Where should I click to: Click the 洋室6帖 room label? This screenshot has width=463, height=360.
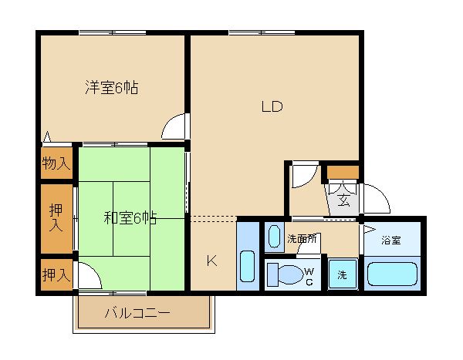point(111,88)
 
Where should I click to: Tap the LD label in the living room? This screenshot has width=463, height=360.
point(271,107)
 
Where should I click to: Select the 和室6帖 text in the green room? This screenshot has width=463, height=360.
point(130,218)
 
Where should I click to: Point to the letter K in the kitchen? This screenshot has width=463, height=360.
point(211,261)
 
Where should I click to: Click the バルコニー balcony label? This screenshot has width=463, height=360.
point(137,313)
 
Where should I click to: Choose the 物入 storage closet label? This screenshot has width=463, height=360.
point(56,163)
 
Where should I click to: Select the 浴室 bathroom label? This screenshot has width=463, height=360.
point(391,240)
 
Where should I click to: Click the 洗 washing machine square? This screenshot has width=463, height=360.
point(340,274)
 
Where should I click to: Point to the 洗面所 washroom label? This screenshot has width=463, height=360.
point(302,239)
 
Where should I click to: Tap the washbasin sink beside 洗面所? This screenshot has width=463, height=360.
point(273,237)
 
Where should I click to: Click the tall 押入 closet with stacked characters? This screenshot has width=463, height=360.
point(56,217)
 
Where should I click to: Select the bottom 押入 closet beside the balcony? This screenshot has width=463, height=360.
point(56,274)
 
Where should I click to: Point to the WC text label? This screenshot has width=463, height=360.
point(309,274)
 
